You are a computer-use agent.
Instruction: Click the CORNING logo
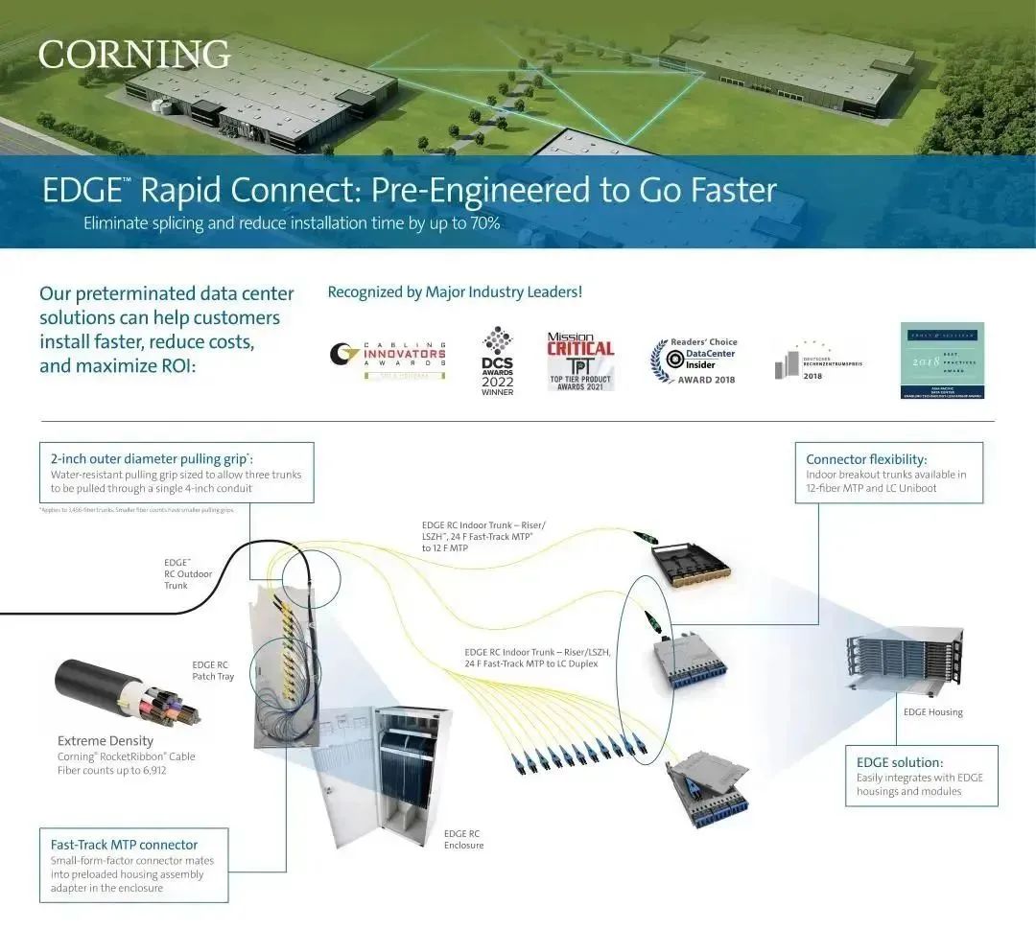134,55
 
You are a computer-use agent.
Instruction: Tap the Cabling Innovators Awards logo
388,359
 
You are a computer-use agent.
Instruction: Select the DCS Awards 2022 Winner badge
497,361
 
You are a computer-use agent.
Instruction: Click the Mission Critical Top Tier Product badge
580,361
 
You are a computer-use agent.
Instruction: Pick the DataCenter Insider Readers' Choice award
695,360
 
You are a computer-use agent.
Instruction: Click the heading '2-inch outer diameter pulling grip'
157,459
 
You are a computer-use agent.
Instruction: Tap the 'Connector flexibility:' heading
866,459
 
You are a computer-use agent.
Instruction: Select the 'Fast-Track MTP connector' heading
124,845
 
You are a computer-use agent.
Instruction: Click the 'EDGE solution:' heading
899,762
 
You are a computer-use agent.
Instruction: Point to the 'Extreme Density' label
106,741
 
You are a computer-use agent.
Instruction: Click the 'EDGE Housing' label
932,712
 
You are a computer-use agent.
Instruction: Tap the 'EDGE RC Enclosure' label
463,839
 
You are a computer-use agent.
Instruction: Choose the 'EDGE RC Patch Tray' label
211,670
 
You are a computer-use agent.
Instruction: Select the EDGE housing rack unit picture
905,661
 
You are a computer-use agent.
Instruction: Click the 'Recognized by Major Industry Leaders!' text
455,291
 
